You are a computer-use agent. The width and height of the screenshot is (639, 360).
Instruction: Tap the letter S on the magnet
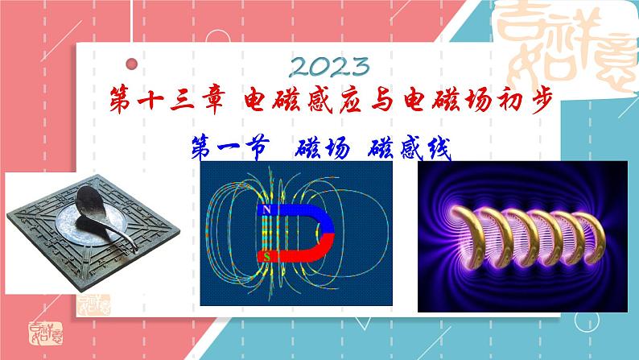tap(266, 256)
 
